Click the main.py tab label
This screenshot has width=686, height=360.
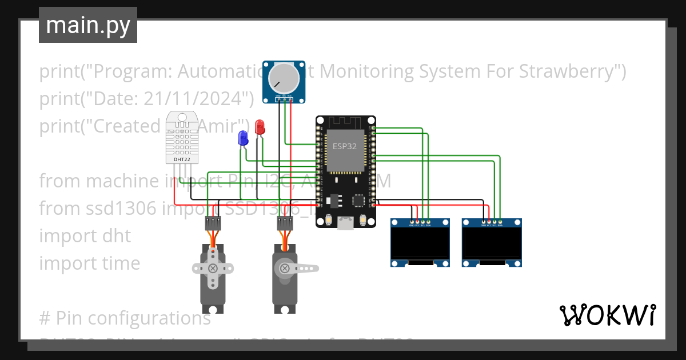87,25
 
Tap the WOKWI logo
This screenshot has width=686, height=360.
607,315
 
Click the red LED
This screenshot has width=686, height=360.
260,126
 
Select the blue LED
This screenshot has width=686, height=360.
243,138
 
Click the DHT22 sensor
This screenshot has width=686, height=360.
182,137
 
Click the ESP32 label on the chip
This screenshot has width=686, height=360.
345,146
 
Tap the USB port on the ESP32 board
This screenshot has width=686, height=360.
346,223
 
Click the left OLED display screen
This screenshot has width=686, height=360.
420,243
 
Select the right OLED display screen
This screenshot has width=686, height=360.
492,243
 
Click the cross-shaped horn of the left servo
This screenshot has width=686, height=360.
213,267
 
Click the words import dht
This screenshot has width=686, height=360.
85,236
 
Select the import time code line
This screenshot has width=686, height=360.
89,263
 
